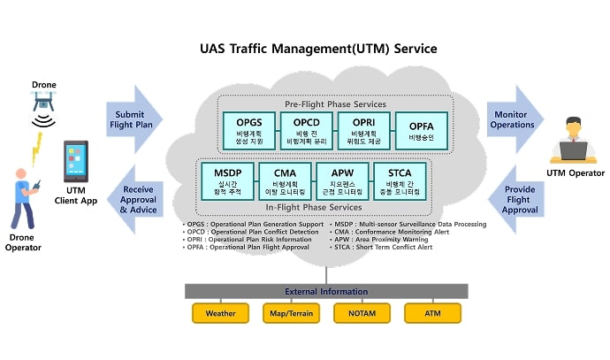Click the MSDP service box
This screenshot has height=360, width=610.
[x=228, y=180]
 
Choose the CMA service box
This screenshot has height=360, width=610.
[x=286, y=180]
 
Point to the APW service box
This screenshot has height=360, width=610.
[x=344, y=180]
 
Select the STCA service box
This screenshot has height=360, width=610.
[x=400, y=180]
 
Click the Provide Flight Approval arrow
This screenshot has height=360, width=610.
[x=516, y=199]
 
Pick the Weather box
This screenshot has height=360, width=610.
[x=220, y=313]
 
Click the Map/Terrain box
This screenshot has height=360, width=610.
[x=291, y=313]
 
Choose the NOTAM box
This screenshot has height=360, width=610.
[x=362, y=313]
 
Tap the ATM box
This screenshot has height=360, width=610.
[x=432, y=313]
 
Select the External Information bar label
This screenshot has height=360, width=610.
[x=326, y=291]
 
